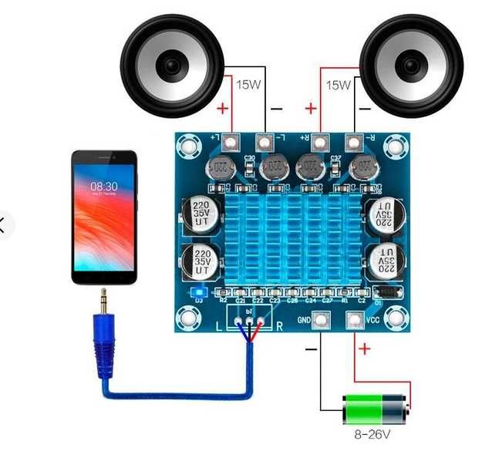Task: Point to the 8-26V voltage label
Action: click(372, 435)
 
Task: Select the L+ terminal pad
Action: click(223, 140)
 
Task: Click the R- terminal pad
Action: click(354, 142)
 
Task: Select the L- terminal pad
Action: click(265, 141)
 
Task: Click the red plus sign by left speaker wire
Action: click(222, 109)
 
